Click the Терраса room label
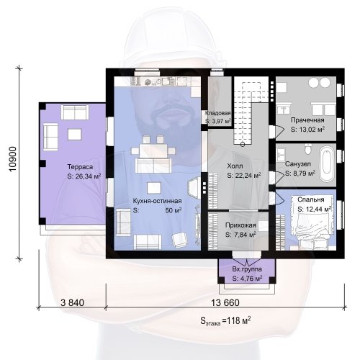coord(80,167)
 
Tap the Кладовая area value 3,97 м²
coord(218,121)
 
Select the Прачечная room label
coord(307,120)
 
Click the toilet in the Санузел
coord(307,148)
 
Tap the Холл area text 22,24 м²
coord(244,176)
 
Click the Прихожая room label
coord(240,225)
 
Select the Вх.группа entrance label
coord(247,269)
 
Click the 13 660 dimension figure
coord(225,302)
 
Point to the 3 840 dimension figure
coord(72,302)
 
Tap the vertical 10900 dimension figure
coord(13,159)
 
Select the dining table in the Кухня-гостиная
coord(153,150)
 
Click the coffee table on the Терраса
coord(74,135)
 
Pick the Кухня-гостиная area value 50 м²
coord(174,210)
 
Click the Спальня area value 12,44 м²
coord(315,209)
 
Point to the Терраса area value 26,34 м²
coord(84,176)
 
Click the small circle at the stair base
coord(243,144)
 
